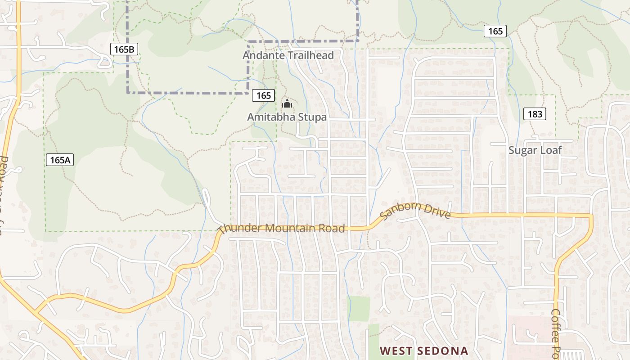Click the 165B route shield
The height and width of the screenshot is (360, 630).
coord(124,49)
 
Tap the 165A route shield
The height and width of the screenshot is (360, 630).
coord(59,160)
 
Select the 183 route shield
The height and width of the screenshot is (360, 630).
coord(535,114)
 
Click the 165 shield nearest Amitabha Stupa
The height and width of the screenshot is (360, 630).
coord(263,95)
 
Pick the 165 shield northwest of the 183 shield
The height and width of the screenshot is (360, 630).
coord(495,31)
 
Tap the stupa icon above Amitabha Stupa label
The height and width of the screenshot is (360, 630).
coord(287,104)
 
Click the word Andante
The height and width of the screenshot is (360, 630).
coord(262,55)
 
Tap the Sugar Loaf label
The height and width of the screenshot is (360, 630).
coord(535,150)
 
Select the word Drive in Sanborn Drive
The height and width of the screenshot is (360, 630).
coord(438,213)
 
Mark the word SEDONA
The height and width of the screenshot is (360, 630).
coord(443,351)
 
